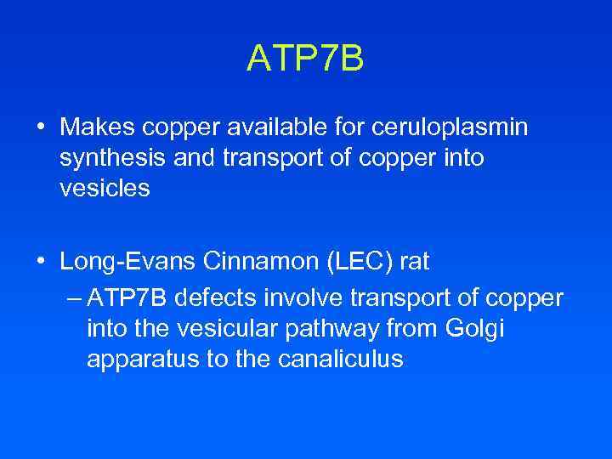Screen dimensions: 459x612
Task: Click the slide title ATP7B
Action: pos(305,59)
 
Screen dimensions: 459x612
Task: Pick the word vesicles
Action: pos(105,189)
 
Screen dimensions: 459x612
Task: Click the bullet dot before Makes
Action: pos(41,128)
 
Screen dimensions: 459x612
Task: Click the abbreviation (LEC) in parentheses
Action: pos(355,263)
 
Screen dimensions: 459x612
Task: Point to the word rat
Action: pos(415,263)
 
